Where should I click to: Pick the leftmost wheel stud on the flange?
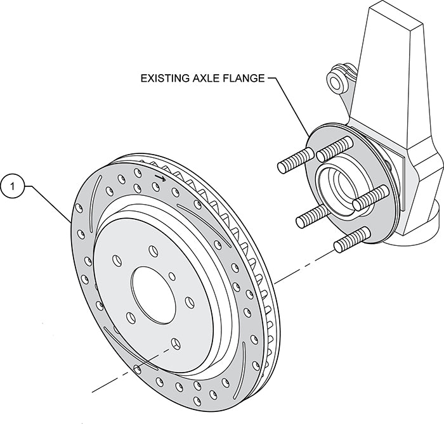click(294, 160)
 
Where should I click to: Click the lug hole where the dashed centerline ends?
click(174, 345)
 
